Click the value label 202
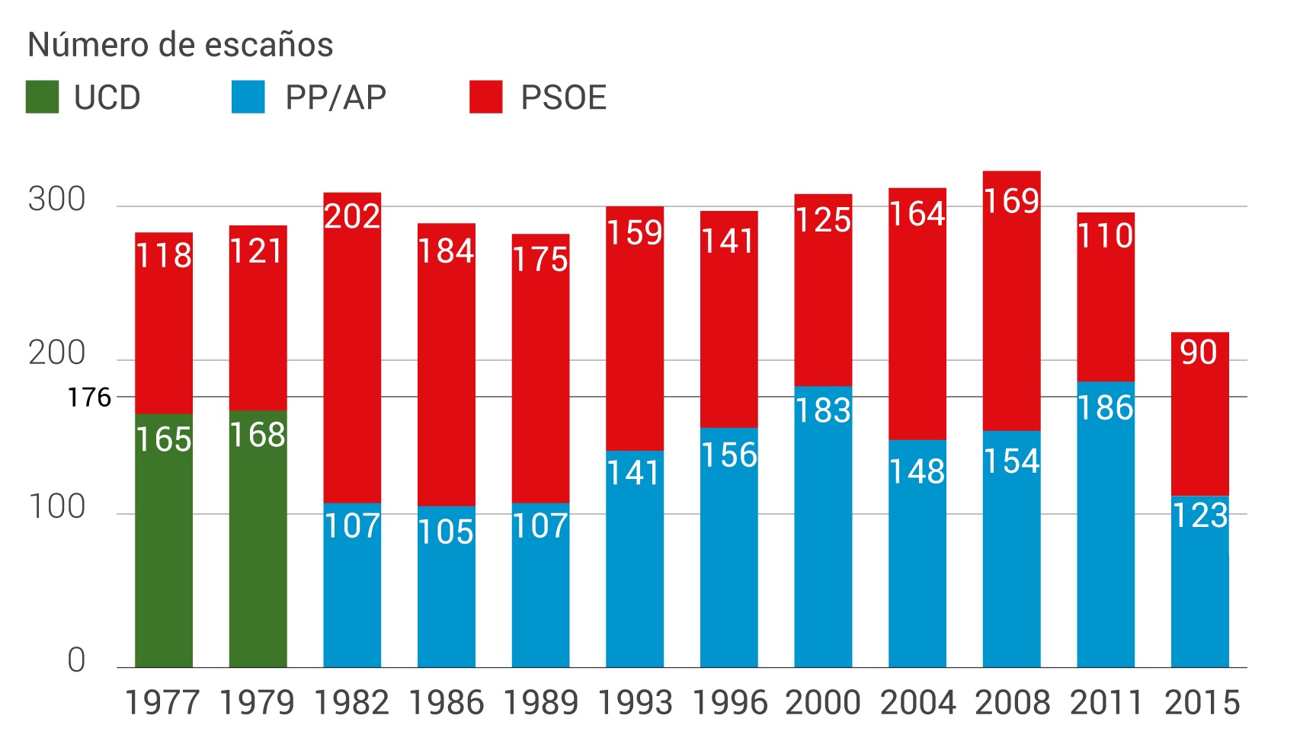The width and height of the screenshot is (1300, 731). coord(352,217)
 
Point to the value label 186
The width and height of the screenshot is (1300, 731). coord(1106,408)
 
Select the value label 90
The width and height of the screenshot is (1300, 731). coord(1199,353)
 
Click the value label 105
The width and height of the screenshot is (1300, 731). coord(446,532)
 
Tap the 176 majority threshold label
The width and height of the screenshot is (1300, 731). coord(89,397)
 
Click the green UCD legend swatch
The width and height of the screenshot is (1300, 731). coord(42,97)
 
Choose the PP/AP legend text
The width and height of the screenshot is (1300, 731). coord(335,98)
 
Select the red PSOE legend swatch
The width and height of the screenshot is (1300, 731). coord(485,97)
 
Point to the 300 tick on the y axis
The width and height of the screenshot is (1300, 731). coord(57,200)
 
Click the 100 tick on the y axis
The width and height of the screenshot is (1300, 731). coord(57,507)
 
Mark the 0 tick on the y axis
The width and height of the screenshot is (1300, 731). coord(76,660)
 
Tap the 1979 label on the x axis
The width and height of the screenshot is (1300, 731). coord(257,703)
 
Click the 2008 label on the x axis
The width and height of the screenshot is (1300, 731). coord(1012,703)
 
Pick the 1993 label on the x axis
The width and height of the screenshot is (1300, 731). coord(635,703)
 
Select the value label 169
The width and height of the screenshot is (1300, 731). coord(1011,201)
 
